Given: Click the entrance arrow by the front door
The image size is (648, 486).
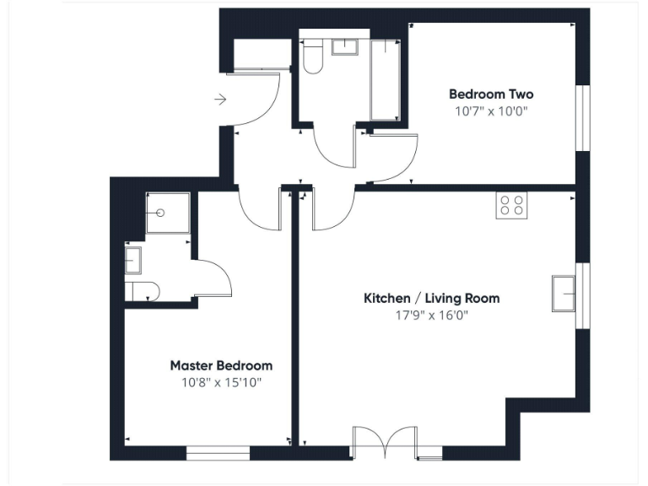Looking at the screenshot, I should (221, 100).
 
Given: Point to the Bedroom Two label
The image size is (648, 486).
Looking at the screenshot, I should (490, 94).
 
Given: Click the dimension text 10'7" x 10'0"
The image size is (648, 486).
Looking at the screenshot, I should (490, 111).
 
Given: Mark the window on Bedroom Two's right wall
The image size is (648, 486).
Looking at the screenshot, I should (582, 117).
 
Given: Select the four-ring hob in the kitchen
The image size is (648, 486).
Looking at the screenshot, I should (511, 205).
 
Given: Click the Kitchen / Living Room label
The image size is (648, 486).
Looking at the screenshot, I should (431, 298).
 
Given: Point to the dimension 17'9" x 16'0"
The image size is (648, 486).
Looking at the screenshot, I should (431, 316).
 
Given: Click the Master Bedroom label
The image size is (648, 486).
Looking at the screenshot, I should (221, 365).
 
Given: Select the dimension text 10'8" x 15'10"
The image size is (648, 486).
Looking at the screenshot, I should (221, 382).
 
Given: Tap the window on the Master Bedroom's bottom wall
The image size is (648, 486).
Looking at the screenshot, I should (218, 454).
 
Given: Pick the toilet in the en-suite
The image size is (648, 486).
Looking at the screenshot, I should (141, 291).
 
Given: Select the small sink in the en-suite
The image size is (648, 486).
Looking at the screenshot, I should (133, 259).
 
